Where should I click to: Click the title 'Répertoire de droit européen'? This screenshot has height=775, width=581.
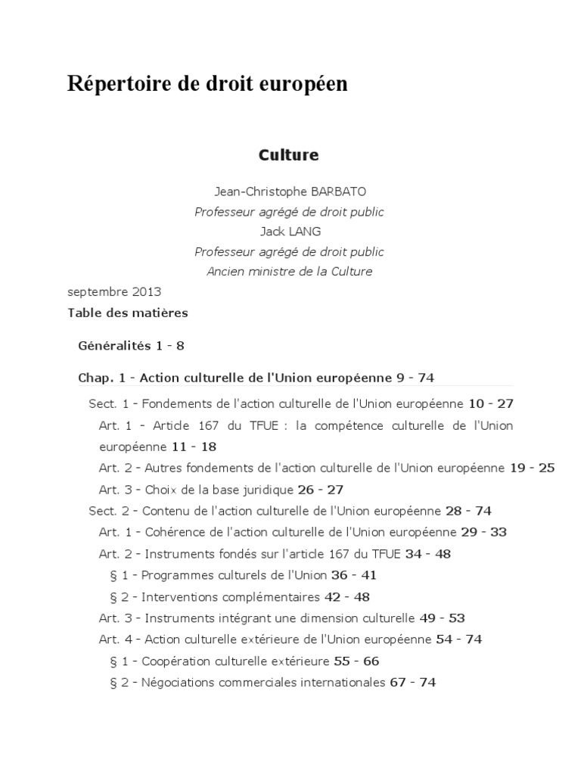click(207, 84)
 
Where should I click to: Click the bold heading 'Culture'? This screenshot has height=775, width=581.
click(289, 155)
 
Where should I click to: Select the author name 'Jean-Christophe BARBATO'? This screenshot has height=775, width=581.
click(289, 192)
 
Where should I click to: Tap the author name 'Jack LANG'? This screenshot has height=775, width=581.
click(290, 232)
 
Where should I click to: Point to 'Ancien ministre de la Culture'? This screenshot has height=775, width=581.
click(290, 271)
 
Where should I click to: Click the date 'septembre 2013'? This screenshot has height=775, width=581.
click(114, 291)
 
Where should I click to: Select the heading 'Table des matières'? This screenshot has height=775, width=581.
click(128, 312)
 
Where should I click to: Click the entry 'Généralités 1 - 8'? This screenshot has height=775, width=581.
click(131, 346)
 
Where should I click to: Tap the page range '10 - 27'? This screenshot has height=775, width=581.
click(491, 404)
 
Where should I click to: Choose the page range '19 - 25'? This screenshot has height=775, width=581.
click(532, 468)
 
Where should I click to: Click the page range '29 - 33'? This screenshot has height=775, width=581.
click(483, 532)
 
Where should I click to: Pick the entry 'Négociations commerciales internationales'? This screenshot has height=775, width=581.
click(263, 682)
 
